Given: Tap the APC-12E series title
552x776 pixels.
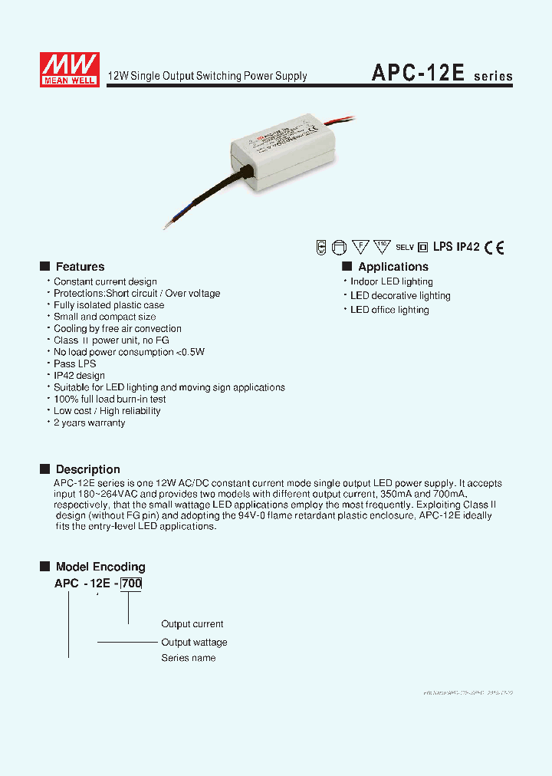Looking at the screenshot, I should point(442,74).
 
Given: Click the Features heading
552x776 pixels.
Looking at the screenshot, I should point(80,267).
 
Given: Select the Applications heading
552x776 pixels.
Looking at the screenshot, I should point(393,267).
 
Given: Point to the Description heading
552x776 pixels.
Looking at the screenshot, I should point(87,469).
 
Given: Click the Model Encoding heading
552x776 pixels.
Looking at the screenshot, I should point(100,567).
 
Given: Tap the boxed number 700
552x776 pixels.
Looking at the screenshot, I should point(131,584).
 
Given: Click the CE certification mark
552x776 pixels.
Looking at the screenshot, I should point(495,247).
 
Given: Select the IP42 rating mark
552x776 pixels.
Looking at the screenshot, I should point(468,247).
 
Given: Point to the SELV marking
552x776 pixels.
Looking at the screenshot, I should point(404,248).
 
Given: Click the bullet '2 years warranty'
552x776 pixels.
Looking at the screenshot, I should point(89,423).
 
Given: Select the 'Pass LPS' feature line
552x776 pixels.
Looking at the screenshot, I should point(74,364).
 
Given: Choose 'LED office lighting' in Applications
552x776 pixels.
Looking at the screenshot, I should point(389,310).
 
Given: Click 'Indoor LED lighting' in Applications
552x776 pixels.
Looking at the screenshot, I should point(391,281).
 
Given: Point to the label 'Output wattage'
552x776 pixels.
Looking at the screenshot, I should point(194,642).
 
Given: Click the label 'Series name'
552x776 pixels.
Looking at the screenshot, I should point(188,658).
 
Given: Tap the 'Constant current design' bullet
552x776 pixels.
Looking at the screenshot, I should point(105,282).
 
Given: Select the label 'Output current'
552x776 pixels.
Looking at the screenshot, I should point(192,624).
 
